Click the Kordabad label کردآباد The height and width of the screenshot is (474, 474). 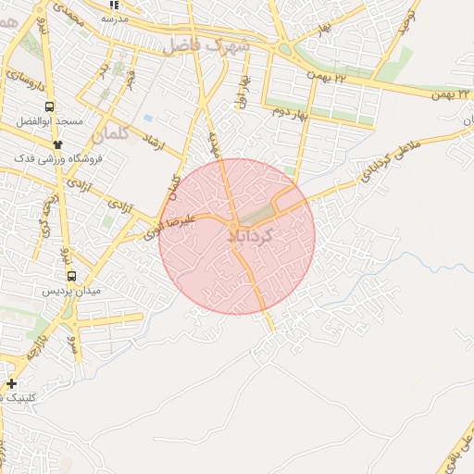coord(251,237)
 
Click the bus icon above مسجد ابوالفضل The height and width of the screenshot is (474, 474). coord(49,106)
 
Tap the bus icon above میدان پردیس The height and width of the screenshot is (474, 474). coord(71,275)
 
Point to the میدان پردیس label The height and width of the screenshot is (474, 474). coord(71,291)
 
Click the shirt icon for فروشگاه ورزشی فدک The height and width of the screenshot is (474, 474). coord(58,144)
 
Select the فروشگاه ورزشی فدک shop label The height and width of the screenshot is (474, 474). coord(58,158)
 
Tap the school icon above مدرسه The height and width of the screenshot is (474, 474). coord(115,5)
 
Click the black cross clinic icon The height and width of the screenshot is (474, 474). coord(11,383)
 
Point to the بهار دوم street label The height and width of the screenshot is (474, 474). coord(290,112)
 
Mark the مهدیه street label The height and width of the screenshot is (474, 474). coord(214,144)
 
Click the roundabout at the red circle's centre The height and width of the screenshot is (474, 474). coord(237,226)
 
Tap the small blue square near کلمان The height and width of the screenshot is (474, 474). coord(148,118)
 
